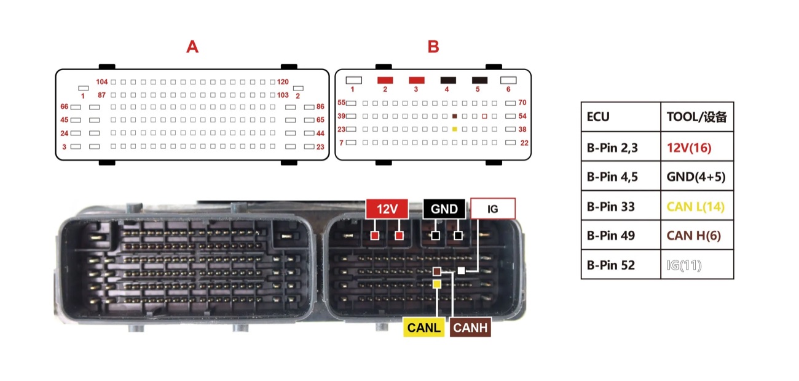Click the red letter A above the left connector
click(192, 47)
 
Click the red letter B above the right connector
click(433, 47)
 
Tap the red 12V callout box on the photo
click(387, 209)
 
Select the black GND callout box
click(444, 209)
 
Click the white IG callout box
click(493, 209)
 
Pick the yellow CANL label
click(423, 327)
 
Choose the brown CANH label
click(470, 327)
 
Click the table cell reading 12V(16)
click(689, 148)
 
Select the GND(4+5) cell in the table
click(696, 177)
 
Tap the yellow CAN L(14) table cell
click(696, 206)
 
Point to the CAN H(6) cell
click(694, 236)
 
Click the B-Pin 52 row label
click(611, 265)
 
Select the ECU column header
click(598, 117)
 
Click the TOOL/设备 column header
click(696, 117)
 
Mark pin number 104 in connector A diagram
click(101, 82)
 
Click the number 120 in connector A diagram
click(283, 82)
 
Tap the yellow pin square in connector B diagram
click(454, 129)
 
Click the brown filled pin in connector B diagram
click(454, 116)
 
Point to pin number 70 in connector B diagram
click(522, 102)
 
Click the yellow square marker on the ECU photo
click(437, 284)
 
